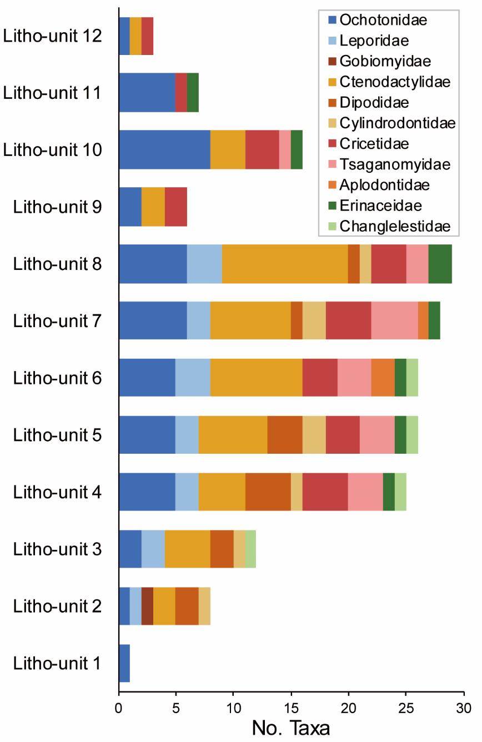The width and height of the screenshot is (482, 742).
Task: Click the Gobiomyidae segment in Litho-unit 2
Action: pos(147,606)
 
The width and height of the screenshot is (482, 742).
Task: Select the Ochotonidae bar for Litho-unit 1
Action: pos(124,663)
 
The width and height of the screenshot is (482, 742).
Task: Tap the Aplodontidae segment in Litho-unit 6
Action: pos(383,378)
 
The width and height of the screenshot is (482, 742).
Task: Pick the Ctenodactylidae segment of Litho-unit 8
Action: pos(285,263)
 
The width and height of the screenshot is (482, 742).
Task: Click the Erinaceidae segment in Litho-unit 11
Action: pos(193,92)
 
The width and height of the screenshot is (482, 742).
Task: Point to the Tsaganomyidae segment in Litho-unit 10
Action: pos(285,149)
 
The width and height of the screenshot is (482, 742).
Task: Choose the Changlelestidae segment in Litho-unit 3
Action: pos(250,549)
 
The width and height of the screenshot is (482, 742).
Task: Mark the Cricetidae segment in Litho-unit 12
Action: pos(147,36)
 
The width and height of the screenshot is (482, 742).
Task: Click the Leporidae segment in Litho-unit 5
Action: pos(187,435)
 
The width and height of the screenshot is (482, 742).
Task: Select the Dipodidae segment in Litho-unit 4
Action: pos(268,492)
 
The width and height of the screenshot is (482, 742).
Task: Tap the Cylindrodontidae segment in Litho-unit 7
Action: pos(314,320)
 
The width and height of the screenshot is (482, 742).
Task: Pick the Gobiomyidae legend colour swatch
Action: pos(333,62)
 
